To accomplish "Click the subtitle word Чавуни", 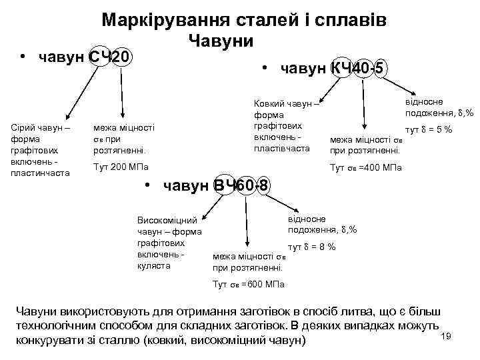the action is point(221,41).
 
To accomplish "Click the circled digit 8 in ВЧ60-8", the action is point(265,185).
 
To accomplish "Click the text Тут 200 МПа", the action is point(121,166).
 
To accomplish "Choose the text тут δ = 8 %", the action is point(311,247).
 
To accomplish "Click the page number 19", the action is point(447,336).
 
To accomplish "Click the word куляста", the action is point(153,266).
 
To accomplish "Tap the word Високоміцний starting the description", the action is point(167,219).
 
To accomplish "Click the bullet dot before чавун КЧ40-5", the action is point(265,68).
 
